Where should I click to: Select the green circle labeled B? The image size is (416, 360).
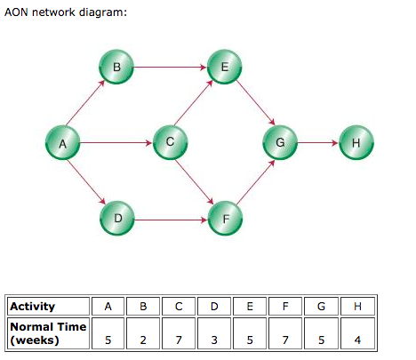pyautogui.click(x=116, y=66)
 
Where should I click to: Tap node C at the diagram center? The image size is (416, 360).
pyautogui.click(x=169, y=141)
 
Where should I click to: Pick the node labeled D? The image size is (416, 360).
pyautogui.click(x=116, y=218)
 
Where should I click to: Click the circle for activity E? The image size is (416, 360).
pyautogui.click(x=223, y=66)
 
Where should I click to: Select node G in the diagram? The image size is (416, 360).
pyautogui.click(x=279, y=141)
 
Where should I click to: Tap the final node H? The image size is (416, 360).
pyautogui.click(x=356, y=141)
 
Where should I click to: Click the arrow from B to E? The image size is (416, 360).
pyautogui.click(x=169, y=66)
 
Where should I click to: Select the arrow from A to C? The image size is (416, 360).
pyautogui.click(x=116, y=141)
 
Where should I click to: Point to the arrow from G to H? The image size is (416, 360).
pyautogui.click(x=317, y=141)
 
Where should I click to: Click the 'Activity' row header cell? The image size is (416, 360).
pyautogui.click(x=46, y=307)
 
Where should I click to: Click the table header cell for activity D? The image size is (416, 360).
pyautogui.click(x=214, y=307)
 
